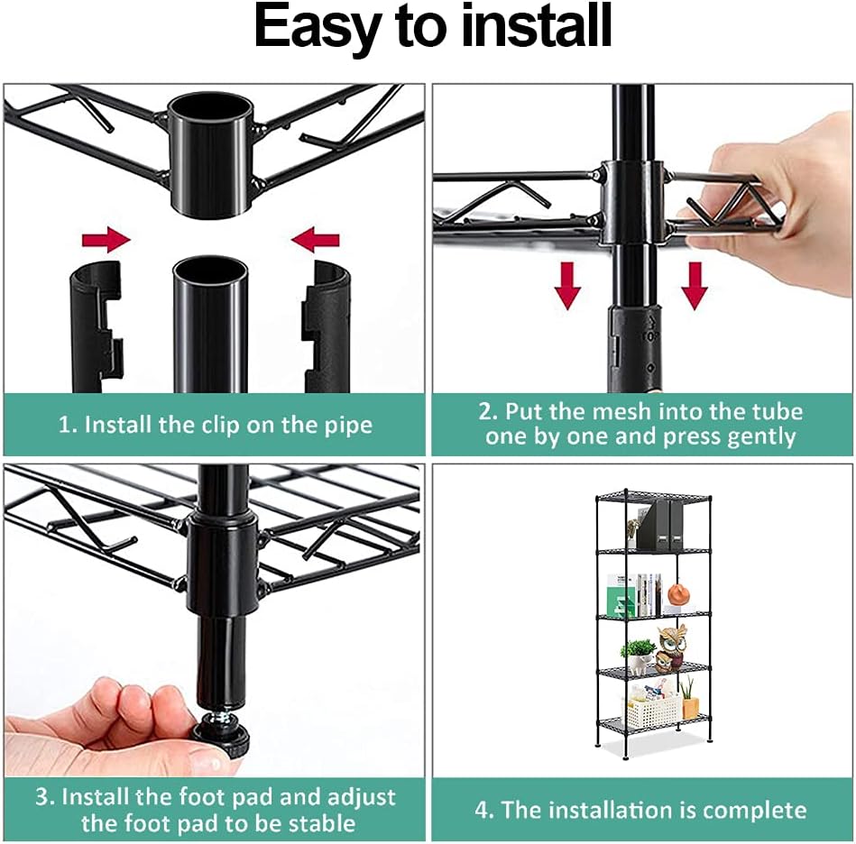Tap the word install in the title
pyautogui.click(x=532, y=28)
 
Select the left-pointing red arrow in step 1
pyautogui.click(x=316, y=240)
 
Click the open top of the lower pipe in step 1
pyautogui.click(x=209, y=270)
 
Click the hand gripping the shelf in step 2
pyautogui.click(x=776, y=207)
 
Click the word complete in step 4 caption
pyautogui.click(x=754, y=810)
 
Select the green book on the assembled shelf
pyautogui.click(x=620, y=601)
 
